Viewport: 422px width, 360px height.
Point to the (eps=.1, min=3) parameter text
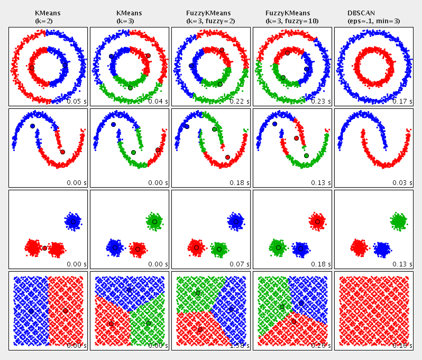point(373,21)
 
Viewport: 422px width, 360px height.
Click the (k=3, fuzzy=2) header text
point(210,21)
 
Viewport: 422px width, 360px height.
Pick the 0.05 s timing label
point(77,101)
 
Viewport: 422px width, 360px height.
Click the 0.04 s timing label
point(158,101)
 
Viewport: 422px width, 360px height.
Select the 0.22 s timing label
point(240,101)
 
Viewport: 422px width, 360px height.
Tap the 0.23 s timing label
point(321,101)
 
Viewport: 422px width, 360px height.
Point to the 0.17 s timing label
point(402,101)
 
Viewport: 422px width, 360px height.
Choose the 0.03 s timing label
point(402,182)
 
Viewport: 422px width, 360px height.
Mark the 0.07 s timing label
point(240,264)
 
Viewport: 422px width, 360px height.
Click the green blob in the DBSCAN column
point(398,220)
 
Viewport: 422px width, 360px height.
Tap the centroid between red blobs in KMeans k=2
point(44,248)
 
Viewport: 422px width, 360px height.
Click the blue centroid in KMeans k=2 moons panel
point(32,126)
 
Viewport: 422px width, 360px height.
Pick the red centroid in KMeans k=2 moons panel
point(62,152)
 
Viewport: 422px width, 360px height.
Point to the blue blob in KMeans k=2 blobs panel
point(73,221)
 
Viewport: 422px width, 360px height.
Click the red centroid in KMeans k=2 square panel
point(65,311)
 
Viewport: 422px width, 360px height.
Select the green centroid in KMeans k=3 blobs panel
point(154,221)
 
